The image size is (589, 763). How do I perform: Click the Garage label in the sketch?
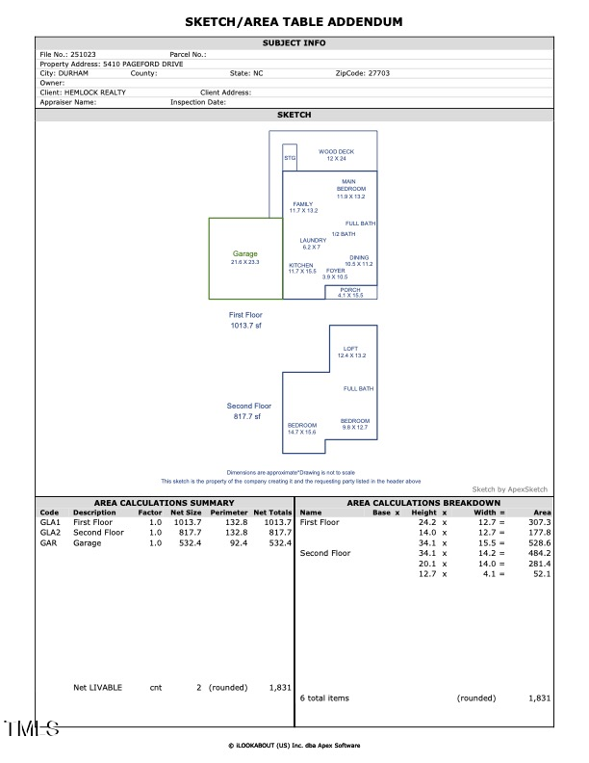(x=244, y=254)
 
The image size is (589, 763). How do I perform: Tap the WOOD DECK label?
(x=337, y=151)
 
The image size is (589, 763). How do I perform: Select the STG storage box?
(x=289, y=157)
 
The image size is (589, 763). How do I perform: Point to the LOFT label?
(x=351, y=349)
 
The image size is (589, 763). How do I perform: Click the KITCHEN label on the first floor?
(x=301, y=265)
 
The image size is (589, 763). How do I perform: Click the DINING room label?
(x=359, y=257)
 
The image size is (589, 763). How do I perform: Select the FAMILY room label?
(x=303, y=204)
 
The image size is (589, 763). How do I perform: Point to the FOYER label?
(x=335, y=271)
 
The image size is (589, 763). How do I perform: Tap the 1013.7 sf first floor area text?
(x=245, y=326)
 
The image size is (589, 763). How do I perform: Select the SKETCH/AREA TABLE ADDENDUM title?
(x=294, y=21)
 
